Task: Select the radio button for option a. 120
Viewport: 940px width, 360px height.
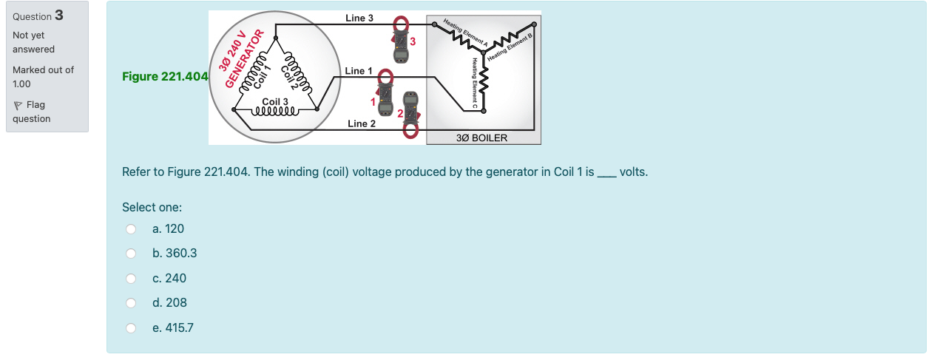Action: (131, 229)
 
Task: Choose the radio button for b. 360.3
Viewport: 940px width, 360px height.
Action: (131, 254)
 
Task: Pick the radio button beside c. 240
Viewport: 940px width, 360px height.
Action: (131, 279)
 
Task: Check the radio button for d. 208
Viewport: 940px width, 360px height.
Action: (131, 303)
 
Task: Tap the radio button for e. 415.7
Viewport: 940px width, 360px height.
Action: (131, 327)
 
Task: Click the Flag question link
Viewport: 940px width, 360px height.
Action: (32, 112)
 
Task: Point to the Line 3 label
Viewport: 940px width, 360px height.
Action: (359, 18)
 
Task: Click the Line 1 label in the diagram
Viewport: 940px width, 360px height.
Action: (359, 71)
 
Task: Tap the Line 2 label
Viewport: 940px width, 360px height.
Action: (362, 123)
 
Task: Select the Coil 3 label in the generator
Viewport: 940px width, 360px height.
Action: (275, 101)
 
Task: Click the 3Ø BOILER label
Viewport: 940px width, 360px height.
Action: (481, 138)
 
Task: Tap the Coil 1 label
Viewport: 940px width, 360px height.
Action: (264, 75)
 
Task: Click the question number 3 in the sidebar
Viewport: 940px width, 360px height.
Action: (58, 16)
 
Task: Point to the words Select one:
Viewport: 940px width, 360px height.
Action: (152, 207)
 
